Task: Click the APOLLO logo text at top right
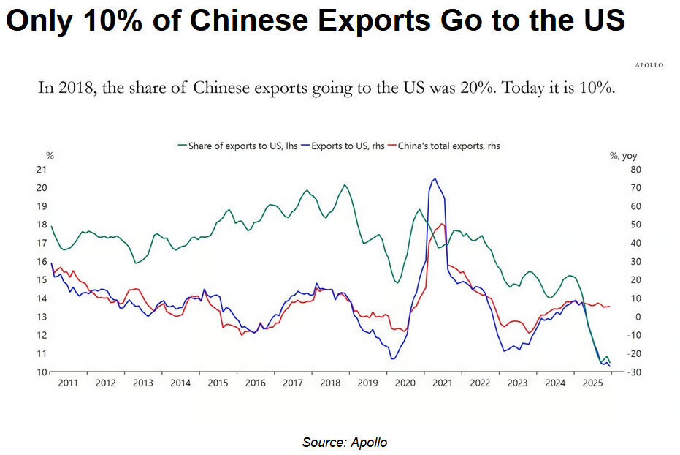(x=648, y=65)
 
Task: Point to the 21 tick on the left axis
(x=42, y=170)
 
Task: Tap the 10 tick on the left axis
(x=42, y=372)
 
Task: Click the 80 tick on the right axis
(x=616, y=170)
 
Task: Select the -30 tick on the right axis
(x=616, y=372)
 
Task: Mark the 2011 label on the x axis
(x=67, y=383)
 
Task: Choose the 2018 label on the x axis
(x=330, y=383)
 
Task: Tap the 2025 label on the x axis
(x=592, y=383)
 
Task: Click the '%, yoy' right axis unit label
(x=623, y=155)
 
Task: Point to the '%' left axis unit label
(x=50, y=155)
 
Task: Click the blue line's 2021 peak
(x=435, y=178)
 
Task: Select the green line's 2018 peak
(x=345, y=184)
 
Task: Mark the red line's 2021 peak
(x=442, y=224)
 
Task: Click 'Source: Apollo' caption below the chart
(x=345, y=443)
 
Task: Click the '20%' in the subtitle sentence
(x=454, y=89)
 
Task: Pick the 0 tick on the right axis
(x=618, y=317)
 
